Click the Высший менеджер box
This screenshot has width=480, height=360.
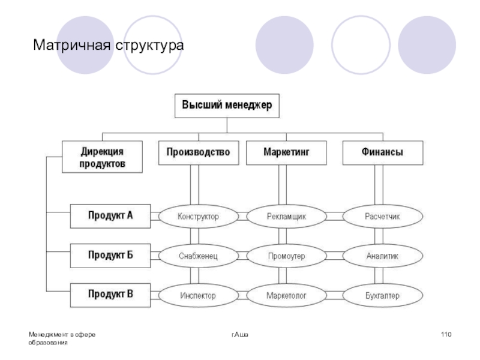(227, 106)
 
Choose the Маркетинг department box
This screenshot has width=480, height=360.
(287, 152)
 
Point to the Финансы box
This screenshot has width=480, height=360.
(382, 152)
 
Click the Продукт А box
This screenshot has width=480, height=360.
(110, 216)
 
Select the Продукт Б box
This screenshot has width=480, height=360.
(110, 256)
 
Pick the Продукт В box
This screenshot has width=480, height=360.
(110, 295)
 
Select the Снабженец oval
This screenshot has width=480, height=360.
(198, 256)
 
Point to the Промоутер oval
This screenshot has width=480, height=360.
(286, 256)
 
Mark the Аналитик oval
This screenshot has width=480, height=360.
(382, 256)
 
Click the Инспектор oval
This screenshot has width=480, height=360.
(198, 296)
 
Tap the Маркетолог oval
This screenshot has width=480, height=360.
(286, 296)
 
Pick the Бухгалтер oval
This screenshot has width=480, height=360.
(382, 296)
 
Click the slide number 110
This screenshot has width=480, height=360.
(445, 334)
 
